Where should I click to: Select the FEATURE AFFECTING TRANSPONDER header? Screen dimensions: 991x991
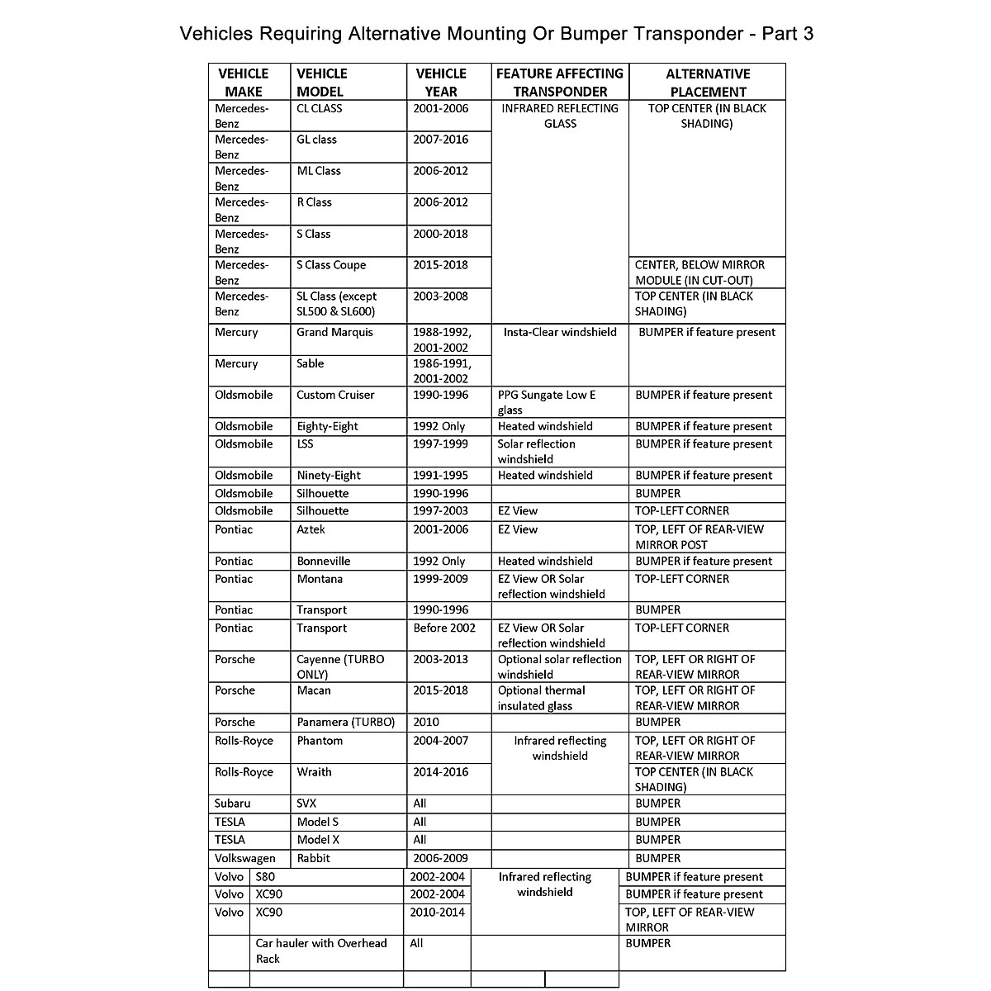[x=560, y=83]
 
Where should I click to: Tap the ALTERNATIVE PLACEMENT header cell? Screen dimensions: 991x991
[x=708, y=83]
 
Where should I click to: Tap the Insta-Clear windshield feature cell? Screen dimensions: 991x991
[x=560, y=332]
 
